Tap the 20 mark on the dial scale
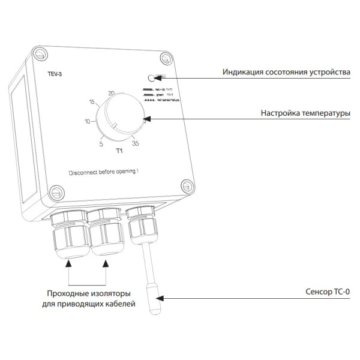(x=111, y=93)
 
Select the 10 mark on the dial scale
(x=88, y=121)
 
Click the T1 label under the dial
(x=119, y=150)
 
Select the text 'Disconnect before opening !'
(x=104, y=172)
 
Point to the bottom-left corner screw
(x=55, y=193)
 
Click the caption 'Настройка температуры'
(x=305, y=112)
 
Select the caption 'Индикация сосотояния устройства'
(x=286, y=73)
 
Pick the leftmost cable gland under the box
(x=67, y=237)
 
